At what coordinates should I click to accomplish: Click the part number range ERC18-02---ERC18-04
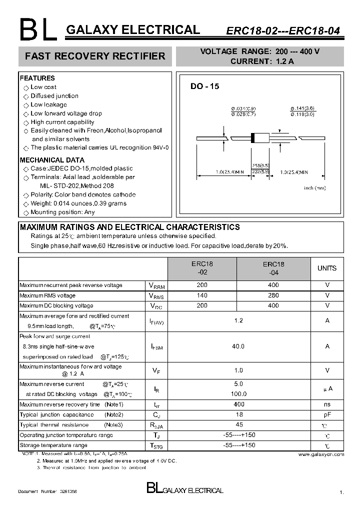tap(282, 30)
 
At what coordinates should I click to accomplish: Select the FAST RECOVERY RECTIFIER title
tap(95, 56)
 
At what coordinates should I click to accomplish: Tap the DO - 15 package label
tap(204, 86)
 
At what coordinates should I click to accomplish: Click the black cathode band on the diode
tap(253, 138)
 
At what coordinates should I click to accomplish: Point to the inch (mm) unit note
tap(315, 188)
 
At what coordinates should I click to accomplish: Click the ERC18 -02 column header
tap(202, 268)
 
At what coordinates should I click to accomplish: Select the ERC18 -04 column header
tap(273, 268)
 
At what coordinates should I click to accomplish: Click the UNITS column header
tap(327, 268)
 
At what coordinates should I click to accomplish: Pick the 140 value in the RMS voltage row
tap(202, 295)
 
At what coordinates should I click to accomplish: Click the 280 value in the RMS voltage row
tap(273, 295)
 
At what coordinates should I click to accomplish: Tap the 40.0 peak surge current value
tap(238, 346)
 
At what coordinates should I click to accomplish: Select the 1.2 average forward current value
tap(238, 320)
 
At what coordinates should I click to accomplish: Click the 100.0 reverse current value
tap(238, 394)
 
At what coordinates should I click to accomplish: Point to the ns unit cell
tap(327, 404)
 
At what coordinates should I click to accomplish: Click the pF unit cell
tap(327, 414)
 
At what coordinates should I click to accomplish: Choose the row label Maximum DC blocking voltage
tap(56, 305)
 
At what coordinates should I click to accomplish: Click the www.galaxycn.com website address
tap(321, 454)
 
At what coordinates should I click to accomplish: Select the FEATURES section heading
tap(37, 78)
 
